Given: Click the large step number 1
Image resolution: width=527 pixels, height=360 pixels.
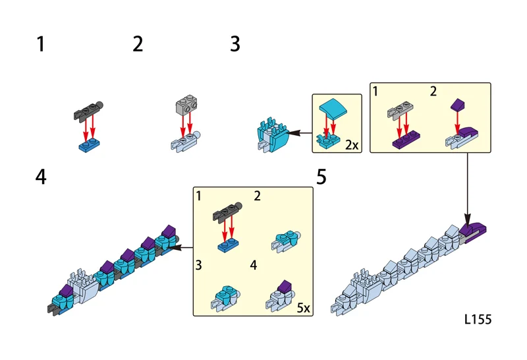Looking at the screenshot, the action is point(41,44).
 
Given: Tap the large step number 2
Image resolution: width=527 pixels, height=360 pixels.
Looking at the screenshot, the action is point(138,44).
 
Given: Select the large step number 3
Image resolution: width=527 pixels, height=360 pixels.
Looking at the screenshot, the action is point(235,44).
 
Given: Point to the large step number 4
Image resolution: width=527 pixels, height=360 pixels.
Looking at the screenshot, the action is point(41,177).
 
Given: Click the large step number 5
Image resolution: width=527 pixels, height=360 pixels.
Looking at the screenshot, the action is point(321,177).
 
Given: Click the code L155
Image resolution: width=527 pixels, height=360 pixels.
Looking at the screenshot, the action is point(478,319).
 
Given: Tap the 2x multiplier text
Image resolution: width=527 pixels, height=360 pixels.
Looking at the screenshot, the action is point(352,145).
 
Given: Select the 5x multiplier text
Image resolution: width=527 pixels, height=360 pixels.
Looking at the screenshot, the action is point(303,308).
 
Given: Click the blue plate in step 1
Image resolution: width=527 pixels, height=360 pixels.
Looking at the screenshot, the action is point(89,145).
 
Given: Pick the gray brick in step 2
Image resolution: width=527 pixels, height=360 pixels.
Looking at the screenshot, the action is point(186,105).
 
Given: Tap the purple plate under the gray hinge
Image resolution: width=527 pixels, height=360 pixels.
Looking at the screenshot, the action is point(406,139).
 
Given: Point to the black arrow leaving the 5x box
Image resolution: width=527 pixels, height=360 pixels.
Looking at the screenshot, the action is point(182,248).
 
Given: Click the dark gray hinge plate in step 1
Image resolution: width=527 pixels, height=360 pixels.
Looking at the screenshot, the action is point(88,110).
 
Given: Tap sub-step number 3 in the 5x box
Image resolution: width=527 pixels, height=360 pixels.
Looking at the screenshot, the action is point(199,265).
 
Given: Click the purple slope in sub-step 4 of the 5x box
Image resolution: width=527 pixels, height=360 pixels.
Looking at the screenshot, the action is point(285,286).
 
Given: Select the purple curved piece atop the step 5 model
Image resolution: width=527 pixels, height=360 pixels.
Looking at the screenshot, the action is point(473,229).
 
